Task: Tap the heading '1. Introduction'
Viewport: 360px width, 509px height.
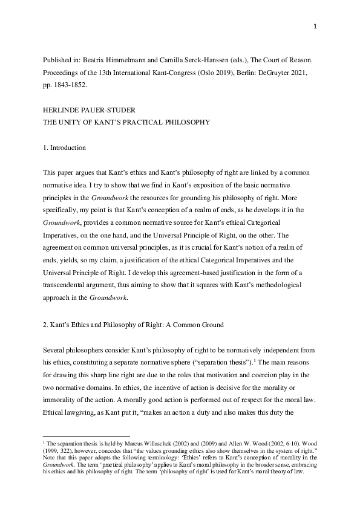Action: pos(64,148)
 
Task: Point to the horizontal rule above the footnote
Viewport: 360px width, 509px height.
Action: pos(87,435)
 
